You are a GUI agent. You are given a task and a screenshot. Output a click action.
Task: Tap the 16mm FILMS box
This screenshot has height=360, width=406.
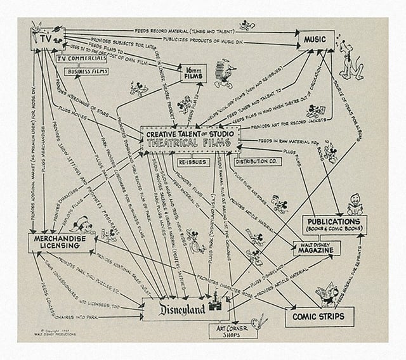click(193, 74)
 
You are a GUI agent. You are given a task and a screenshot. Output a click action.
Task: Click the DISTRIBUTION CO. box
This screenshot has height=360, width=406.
click(256, 162)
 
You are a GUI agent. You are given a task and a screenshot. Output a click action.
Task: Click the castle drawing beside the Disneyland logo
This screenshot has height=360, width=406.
click(222, 304)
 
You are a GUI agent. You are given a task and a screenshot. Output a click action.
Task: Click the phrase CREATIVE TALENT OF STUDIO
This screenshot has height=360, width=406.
click(190, 134)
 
